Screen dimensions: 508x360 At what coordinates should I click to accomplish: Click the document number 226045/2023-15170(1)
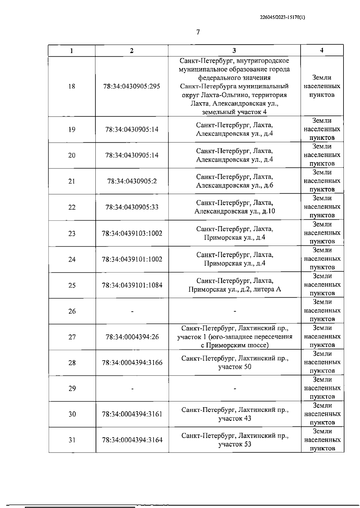(283, 17)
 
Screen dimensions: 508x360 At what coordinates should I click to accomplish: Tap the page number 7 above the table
(198, 32)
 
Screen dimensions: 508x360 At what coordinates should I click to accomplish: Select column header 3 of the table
(234, 51)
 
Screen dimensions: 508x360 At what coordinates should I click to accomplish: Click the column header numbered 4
(322, 50)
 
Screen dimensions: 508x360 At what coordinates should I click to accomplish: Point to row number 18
(72, 87)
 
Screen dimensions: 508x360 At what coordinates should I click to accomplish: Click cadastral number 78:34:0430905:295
(132, 87)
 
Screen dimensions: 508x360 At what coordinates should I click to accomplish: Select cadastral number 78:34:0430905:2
(132, 181)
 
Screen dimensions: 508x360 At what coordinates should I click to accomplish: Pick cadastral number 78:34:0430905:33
(132, 207)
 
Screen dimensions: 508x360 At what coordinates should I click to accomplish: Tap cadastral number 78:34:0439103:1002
(132, 233)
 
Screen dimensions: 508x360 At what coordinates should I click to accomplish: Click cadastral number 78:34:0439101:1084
(132, 285)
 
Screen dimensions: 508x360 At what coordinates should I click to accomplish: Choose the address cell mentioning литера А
(235, 285)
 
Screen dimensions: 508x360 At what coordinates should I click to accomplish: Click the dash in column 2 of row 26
(132, 311)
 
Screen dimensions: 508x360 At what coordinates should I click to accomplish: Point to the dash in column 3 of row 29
(235, 389)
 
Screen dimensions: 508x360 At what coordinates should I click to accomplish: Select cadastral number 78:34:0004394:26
(132, 337)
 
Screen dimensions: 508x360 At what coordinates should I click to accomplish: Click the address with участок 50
(235, 363)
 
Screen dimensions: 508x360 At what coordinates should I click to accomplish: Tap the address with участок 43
(235, 414)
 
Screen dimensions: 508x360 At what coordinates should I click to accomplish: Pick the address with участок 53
(235, 440)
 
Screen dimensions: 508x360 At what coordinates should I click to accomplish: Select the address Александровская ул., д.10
(235, 211)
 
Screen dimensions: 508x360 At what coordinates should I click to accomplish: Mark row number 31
(72, 440)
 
